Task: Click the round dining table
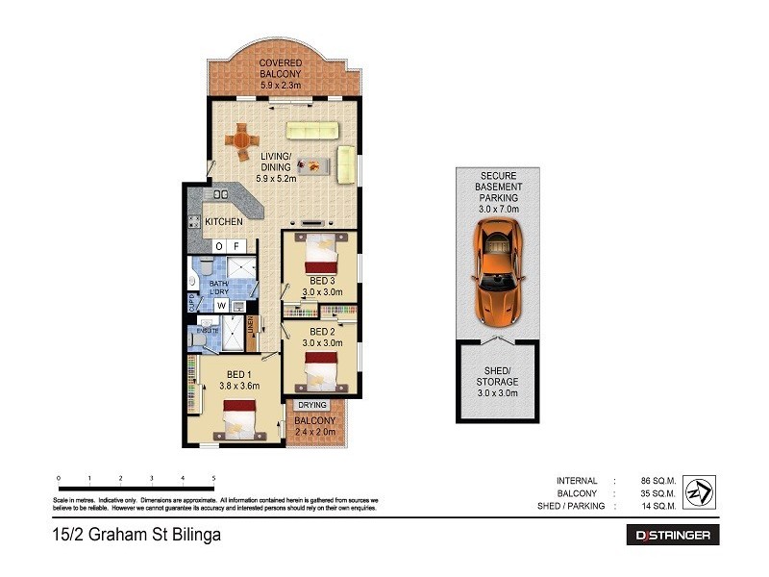point(242,139)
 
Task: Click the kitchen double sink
point(220,195)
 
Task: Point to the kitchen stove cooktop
point(193,222)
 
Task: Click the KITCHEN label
point(223,222)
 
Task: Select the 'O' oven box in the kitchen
point(219,246)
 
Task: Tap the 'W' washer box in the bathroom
point(220,306)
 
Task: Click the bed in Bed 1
point(237,418)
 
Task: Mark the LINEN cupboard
point(252,332)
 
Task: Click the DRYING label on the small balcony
point(312,405)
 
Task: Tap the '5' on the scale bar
point(212,477)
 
